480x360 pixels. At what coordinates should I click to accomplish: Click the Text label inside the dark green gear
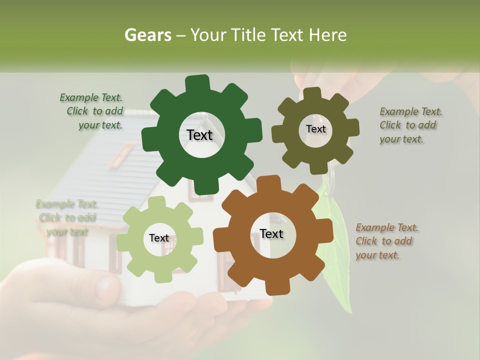pyautogui.click(x=199, y=135)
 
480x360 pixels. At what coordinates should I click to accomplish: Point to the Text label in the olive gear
pyautogui.click(x=315, y=129)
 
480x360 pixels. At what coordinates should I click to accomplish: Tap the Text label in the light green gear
pyautogui.click(x=159, y=238)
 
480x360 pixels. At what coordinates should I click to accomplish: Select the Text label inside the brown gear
pyautogui.click(x=271, y=234)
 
